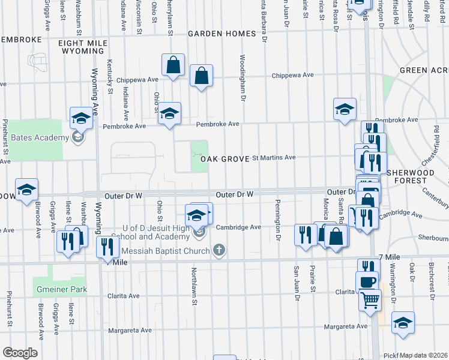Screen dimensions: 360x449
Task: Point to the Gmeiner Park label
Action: point(60,289)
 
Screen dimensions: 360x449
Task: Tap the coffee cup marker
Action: point(367,281)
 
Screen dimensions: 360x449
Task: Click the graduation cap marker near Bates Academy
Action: point(81,118)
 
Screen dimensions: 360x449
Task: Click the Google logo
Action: point(20,353)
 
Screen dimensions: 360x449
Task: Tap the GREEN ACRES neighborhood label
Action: point(421,70)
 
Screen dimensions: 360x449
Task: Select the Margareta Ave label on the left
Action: point(130,331)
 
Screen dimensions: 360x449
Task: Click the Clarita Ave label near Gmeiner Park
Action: point(123,296)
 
